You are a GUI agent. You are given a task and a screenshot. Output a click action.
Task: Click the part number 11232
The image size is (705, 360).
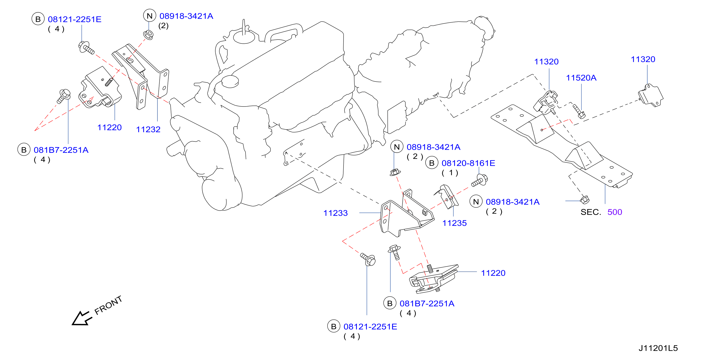pos(148,129)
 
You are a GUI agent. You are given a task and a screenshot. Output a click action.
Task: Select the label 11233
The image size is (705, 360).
pos(336,213)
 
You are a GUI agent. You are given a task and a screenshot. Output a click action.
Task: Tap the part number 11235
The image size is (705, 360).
pos(455,223)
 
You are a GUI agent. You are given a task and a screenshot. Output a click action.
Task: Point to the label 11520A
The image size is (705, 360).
pos(581,78)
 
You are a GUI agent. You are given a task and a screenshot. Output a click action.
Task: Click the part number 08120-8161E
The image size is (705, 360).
pos(468,163)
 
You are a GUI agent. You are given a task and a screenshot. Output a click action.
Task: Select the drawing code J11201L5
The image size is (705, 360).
pos(658,348)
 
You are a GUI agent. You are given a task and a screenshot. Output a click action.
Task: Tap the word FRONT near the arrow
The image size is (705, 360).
pos(108,305)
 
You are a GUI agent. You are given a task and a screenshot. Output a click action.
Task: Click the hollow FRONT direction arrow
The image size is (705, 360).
pos(81,318)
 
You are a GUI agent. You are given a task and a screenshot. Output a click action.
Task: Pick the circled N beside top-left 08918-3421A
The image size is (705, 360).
pos(150,16)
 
